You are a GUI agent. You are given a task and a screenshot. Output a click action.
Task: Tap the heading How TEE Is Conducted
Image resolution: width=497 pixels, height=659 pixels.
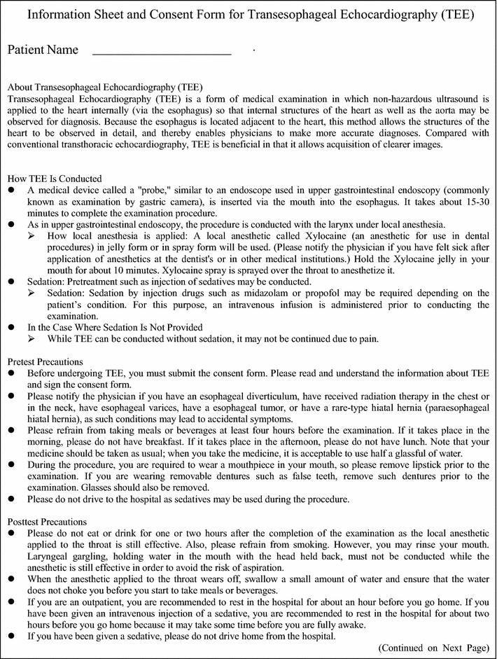pos(54,179)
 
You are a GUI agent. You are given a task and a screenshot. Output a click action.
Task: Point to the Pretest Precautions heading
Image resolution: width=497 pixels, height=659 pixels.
pos(45,361)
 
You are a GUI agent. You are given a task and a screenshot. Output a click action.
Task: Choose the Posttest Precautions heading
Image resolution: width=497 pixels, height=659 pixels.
pos(47,522)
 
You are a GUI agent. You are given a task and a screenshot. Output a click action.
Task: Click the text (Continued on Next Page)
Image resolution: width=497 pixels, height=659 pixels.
pos(434,648)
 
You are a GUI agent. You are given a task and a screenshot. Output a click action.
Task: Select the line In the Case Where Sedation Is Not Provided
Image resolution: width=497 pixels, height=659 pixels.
pos(115,327)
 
